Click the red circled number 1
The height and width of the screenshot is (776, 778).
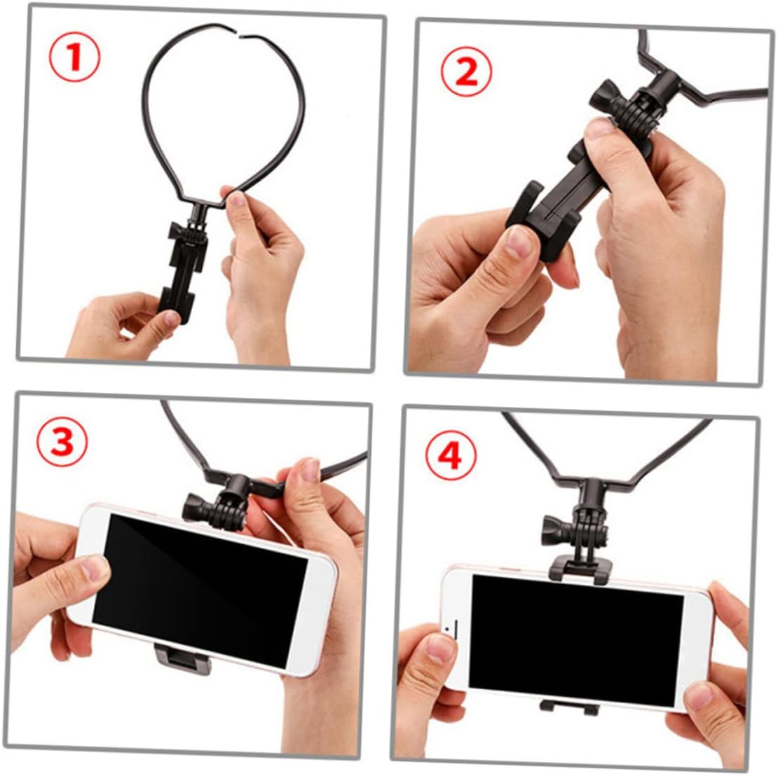pyautogui.click(x=74, y=57)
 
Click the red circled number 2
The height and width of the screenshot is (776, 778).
pyautogui.click(x=466, y=71)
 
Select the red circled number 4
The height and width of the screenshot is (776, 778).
pyautogui.click(x=451, y=455)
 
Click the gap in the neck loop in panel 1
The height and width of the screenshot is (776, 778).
pyautogui.click(x=242, y=36)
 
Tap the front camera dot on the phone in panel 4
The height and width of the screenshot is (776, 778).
pyautogui.click(x=448, y=629)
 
